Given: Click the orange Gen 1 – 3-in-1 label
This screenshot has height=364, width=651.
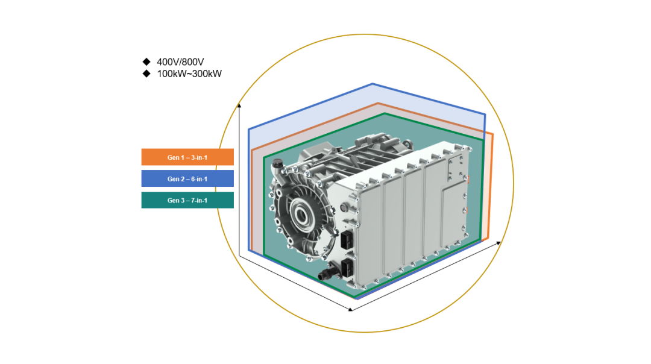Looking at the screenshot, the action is (187, 157).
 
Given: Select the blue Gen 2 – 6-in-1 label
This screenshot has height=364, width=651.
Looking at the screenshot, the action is (187, 178).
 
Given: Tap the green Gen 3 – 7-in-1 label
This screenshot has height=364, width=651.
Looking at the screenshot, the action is (187, 200).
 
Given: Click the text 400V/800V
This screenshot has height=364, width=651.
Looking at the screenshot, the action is (180, 62).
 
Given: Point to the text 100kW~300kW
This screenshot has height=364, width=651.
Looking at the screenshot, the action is (189, 74).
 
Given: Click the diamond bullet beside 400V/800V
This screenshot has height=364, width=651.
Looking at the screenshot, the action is (146, 61).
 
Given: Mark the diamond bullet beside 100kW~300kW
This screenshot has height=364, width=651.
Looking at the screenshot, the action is (146, 74).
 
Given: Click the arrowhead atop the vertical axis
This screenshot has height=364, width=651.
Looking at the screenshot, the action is (239, 106).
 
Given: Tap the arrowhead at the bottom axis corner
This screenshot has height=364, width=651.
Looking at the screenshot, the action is (350, 309).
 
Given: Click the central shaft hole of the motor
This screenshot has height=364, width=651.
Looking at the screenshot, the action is (301, 215).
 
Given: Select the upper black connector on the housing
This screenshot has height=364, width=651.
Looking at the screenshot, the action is (346, 240).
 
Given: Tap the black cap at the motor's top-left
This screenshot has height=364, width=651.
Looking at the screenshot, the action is (277, 165).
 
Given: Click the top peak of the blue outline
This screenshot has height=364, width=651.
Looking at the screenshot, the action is (373, 84).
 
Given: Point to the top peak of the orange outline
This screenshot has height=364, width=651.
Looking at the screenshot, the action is (378, 103).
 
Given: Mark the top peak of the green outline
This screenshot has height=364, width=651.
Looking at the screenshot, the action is (385, 113).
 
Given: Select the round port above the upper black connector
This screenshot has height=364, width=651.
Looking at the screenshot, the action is (344, 207).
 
